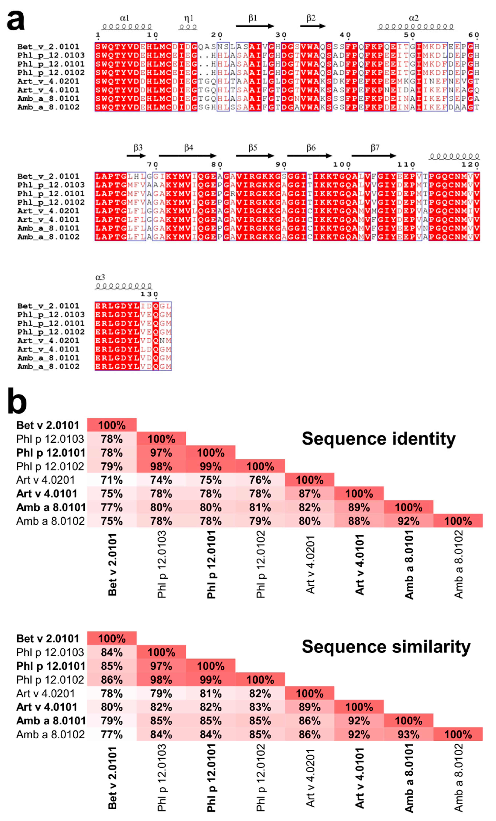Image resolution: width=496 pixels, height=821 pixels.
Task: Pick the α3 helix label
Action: [x=100, y=277]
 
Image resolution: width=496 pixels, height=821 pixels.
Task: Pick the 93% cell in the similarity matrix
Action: [x=408, y=734]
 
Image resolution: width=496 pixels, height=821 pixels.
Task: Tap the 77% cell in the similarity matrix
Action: [x=112, y=734]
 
